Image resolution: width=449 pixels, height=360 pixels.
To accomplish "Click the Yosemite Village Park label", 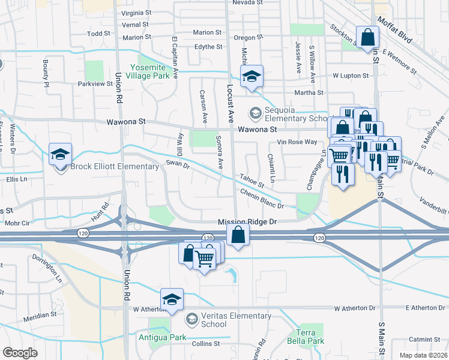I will pyautogui.click(x=151, y=71).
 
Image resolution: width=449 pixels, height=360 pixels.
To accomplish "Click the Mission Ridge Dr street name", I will pyautogui.click(x=247, y=221).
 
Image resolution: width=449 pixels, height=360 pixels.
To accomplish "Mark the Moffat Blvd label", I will pyautogui.click(x=395, y=30).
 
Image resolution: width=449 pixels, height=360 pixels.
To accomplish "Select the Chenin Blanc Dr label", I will pyautogui.click(x=261, y=199).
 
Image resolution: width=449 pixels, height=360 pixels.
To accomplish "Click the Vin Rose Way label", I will pyautogui.click(x=297, y=142).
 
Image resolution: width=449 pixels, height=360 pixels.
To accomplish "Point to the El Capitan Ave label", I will pyautogui.click(x=175, y=57).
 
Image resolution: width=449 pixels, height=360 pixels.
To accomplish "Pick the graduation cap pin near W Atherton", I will pyautogui.click(x=172, y=299).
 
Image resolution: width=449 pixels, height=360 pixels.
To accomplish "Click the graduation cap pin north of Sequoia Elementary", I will pyautogui.click(x=252, y=76).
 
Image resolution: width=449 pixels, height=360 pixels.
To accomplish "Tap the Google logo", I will pyautogui.click(x=20, y=353).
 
